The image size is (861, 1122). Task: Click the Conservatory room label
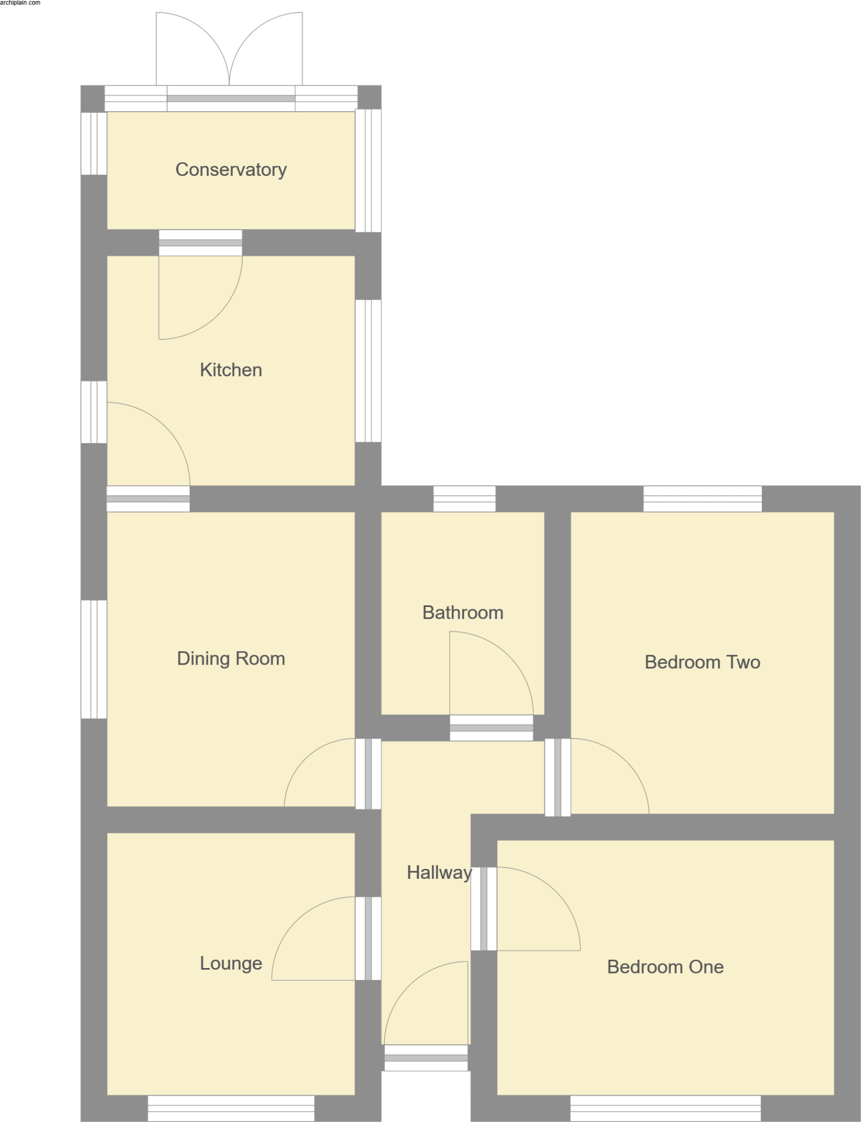pyautogui.click(x=231, y=170)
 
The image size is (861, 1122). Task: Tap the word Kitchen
pyautogui.click(x=231, y=370)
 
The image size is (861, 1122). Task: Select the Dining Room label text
pyautogui.click(x=231, y=658)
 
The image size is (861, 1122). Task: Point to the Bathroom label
pyautogui.click(x=463, y=612)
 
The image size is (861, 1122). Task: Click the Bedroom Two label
pyautogui.click(x=702, y=662)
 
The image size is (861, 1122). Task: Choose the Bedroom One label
pyautogui.click(x=665, y=966)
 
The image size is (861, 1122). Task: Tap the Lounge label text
pyautogui.click(x=231, y=963)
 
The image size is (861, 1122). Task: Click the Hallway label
pyautogui.click(x=438, y=872)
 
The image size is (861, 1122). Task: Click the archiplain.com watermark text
pyautogui.click(x=20, y=3)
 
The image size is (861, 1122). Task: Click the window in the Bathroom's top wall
pyautogui.click(x=464, y=499)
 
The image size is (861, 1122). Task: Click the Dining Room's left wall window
pyautogui.click(x=94, y=659)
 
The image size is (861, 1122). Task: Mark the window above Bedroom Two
pyautogui.click(x=702, y=499)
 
